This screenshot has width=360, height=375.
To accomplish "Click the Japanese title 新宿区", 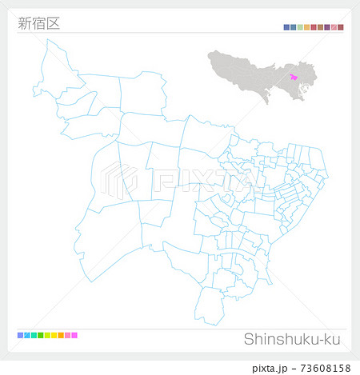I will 38,23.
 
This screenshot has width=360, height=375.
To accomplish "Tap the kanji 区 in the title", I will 53,23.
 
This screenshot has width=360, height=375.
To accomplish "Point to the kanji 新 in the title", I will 24,23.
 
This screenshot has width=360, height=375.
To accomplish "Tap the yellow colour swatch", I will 54,334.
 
